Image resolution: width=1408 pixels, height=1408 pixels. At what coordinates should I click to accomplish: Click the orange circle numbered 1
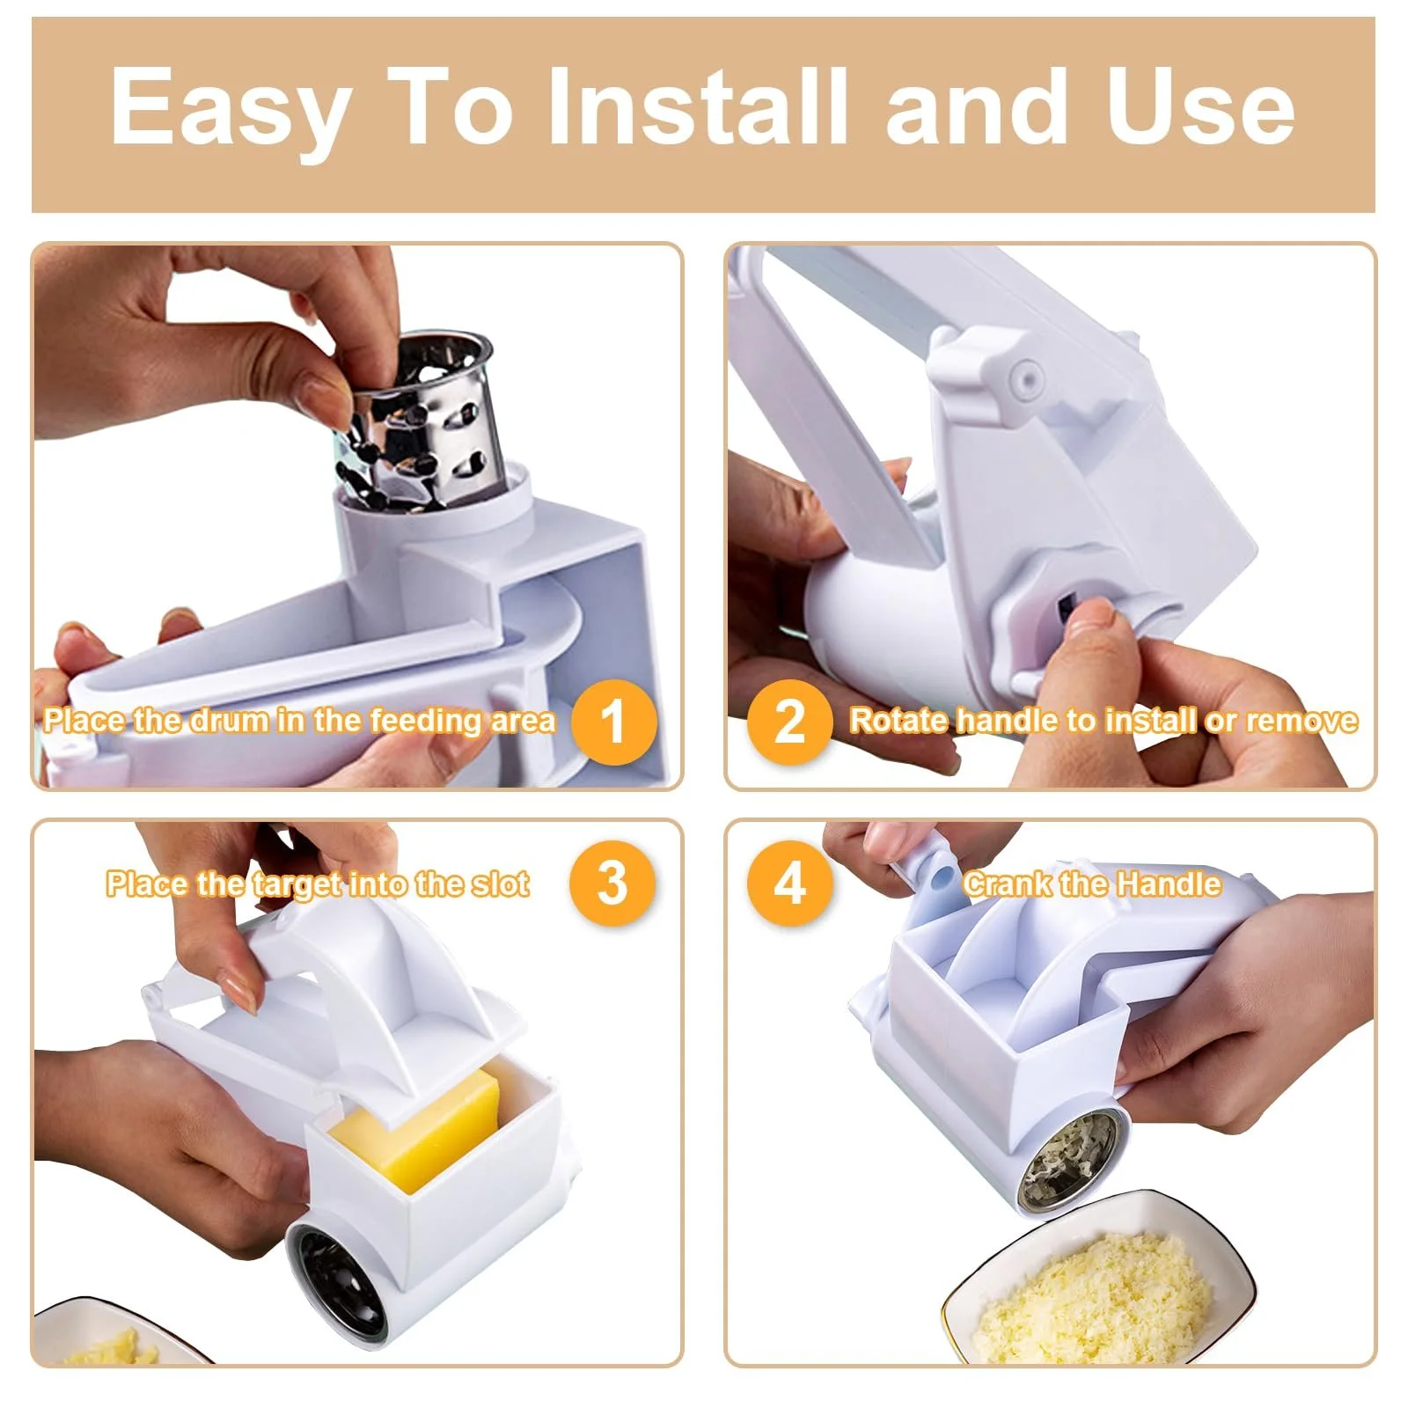(613, 722)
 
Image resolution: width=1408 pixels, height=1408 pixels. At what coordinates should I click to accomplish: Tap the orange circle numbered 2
(789, 722)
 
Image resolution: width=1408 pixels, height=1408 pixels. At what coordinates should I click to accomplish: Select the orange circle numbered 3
(612, 883)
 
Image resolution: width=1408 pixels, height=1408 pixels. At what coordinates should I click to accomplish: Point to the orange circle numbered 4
(790, 883)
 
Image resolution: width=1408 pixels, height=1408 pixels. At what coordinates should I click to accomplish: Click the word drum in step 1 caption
(231, 721)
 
